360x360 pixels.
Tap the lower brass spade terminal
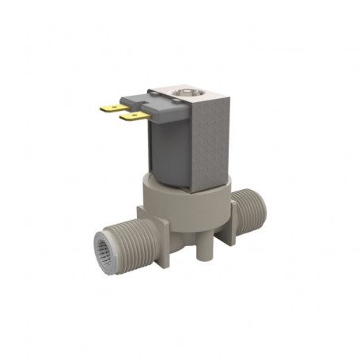(131, 117)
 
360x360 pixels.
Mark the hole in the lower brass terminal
(129, 117)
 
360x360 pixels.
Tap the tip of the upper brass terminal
(102, 108)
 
